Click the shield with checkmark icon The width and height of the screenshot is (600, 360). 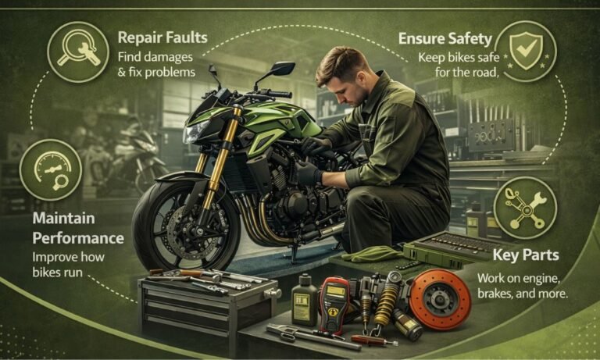(x=525, y=48)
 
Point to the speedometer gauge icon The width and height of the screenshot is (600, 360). (x=49, y=169)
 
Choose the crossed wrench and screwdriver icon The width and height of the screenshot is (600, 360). (x=525, y=207)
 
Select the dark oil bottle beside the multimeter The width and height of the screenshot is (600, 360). (x=304, y=300)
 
